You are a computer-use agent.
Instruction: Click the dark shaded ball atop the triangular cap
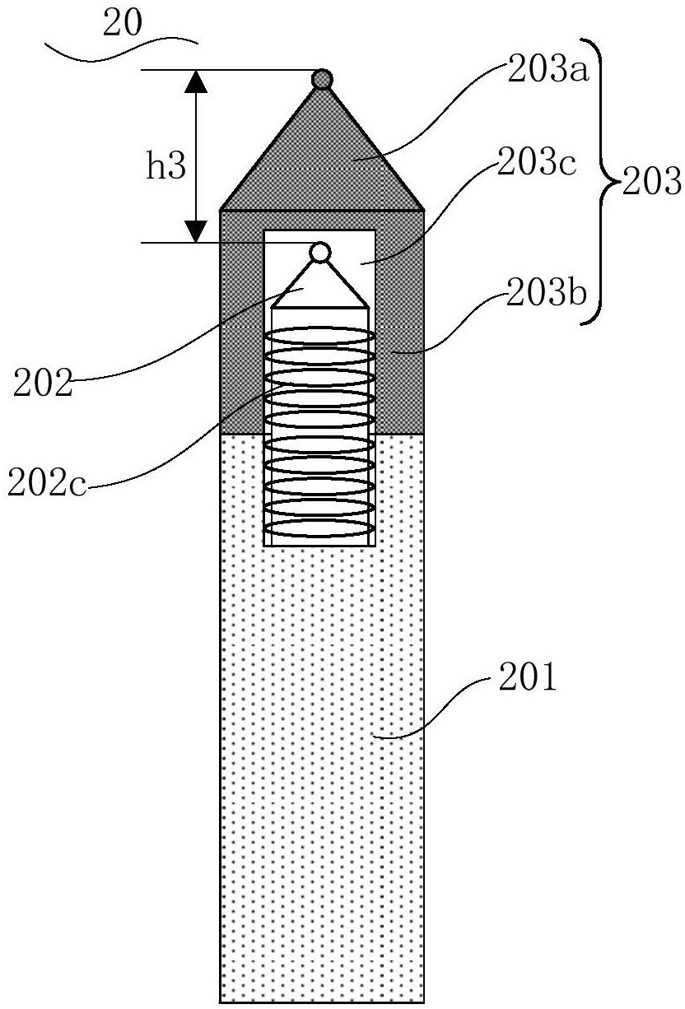tap(322, 79)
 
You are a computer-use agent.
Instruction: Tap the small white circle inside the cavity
tap(320, 252)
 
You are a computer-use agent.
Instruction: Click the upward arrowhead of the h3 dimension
tap(196, 82)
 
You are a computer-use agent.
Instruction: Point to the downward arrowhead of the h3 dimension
tap(196, 230)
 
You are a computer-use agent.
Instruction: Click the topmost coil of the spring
tap(319, 336)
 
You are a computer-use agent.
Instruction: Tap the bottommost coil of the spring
tap(319, 528)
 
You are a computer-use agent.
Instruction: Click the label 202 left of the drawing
tap(42, 383)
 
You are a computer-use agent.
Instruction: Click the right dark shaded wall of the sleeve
tap(400, 329)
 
